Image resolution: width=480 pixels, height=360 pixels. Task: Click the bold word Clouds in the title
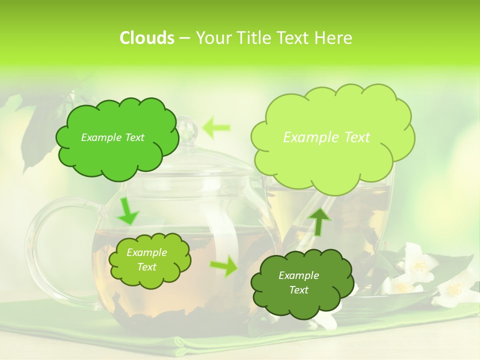[x=146, y=38]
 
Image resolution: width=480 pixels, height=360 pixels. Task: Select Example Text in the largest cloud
[x=326, y=137]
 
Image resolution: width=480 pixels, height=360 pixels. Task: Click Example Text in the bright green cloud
[x=112, y=137]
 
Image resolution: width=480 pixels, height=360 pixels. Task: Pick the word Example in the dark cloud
[x=298, y=275]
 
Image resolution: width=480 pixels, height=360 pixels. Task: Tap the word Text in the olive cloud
[x=146, y=267]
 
